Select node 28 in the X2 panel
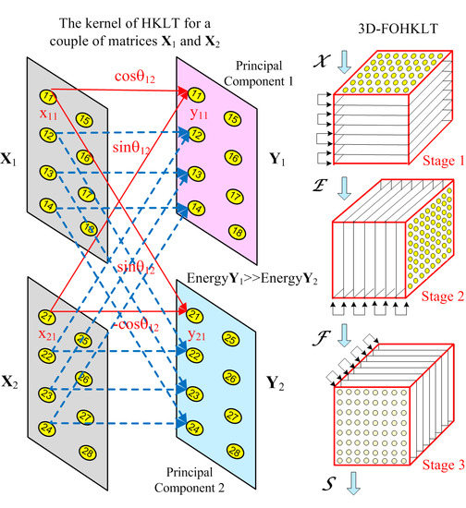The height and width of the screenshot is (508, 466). [87, 451]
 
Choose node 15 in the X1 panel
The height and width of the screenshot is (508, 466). [84, 119]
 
